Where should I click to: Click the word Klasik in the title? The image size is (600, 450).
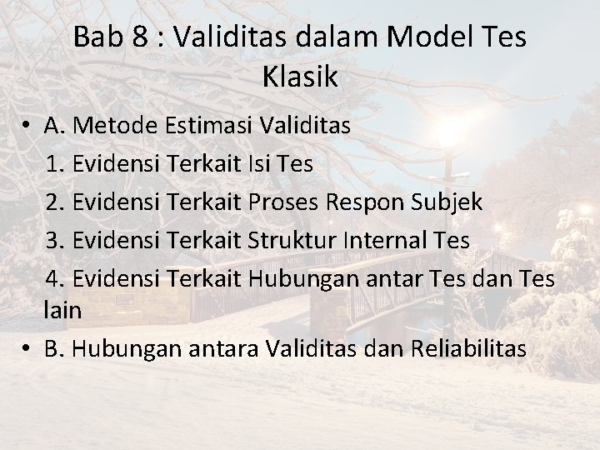[x=300, y=77]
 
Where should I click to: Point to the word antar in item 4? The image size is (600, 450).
[x=382, y=278]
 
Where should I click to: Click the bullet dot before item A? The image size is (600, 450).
[x=27, y=126]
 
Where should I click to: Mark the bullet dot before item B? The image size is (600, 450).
[x=27, y=348]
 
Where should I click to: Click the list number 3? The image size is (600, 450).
[x=55, y=240]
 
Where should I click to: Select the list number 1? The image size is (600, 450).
[x=55, y=163]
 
